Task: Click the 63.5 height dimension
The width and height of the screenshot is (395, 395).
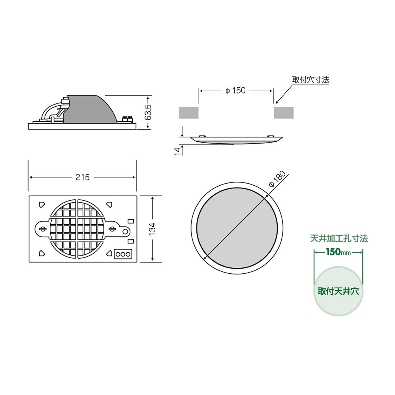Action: pos(148,112)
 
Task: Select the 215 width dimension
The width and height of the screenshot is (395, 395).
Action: pos(83,177)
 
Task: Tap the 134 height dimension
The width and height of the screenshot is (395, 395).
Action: pos(152,229)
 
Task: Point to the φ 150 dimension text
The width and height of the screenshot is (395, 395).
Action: pos(235,91)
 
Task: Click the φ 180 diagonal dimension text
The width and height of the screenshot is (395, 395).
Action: pos(276,180)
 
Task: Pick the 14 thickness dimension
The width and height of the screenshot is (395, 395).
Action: pos(177,150)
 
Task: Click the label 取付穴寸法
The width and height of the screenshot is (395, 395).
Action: pos(310,80)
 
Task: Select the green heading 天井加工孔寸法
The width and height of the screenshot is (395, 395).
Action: pos(339,239)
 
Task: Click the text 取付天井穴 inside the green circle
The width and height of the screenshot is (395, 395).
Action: pos(338,292)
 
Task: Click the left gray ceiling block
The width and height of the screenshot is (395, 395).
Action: pos(188,113)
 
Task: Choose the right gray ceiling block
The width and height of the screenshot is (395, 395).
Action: pos(284,113)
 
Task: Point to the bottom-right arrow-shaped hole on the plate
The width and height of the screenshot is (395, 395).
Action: pos(109,253)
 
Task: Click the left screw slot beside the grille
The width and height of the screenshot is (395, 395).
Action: pos(43,229)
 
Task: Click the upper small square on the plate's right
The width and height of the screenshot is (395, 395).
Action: pos(130,221)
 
